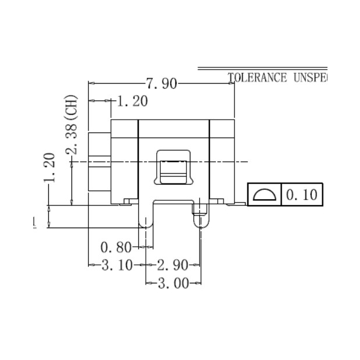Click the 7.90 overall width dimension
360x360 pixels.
click(161, 84)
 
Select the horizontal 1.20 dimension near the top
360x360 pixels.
click(132, 102)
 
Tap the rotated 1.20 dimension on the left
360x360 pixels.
click(49, 168)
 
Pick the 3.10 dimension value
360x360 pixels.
click(114, 265)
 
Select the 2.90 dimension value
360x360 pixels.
click(172, 265)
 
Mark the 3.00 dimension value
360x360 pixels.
click(174, 283)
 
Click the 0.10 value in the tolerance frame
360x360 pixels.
click(302, 195)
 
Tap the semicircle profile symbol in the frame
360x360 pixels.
click(264, 195)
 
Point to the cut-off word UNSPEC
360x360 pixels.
click(308, 78)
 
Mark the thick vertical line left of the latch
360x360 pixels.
click(139, 161)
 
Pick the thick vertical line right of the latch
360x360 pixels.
click(210, 161)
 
